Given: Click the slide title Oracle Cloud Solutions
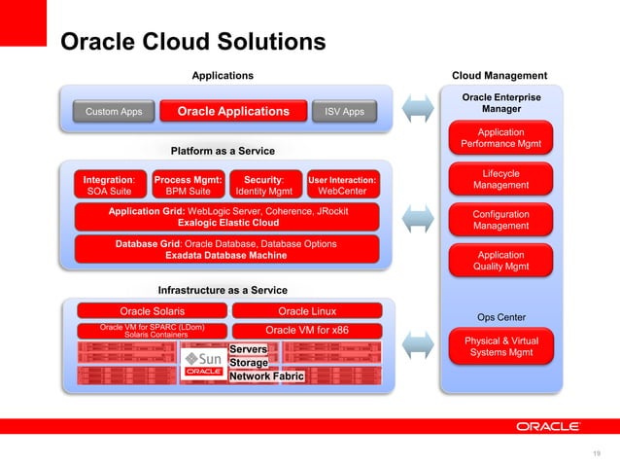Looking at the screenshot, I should tap(192, 42).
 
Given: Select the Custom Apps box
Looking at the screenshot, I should tap(114, 112).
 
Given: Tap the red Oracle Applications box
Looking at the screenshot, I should tap(233, 112).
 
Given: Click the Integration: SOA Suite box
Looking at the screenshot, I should tap(109, 186).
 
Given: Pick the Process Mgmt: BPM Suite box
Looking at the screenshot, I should tap(189, 186).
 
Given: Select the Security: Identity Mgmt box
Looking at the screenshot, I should tap(263, 186).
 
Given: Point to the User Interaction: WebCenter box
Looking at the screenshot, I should tap(342, 186).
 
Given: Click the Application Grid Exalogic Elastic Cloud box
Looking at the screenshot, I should tap(227, 216).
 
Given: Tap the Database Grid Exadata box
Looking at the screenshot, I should tap(227, 249).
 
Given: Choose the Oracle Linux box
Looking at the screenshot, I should tap(307, 311).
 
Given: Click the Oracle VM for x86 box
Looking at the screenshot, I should tap(307, 330).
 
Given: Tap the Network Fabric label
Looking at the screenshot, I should tap(266, 376).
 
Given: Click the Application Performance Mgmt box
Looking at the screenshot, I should tap(500, 139).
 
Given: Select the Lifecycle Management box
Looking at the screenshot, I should tap(500, 180).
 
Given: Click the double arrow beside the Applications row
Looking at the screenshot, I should tap(417, 108).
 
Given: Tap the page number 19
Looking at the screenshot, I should tap(597, 451).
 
